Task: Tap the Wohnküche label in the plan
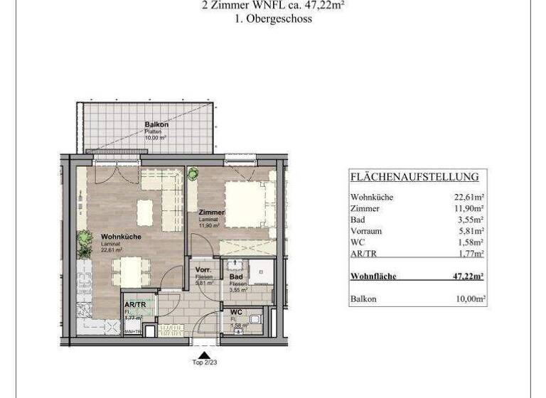click(x=121, y=237)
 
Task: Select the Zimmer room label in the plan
click(x=212, y=213)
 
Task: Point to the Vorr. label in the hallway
click(x=204, y=271)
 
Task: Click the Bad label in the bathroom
click(x=236, y=277)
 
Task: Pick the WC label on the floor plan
click(x=236, y=313)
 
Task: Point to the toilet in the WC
click(x=256, y=320)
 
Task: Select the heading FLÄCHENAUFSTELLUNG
click(x=414, y=177)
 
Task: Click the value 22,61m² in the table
click(x=470, y=197)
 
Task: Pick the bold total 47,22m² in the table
click(x=469, y=276)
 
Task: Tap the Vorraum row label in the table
click(x=367, y=231)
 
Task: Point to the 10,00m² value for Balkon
click(x=470, y=299)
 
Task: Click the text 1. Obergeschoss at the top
click(x=273, y=19)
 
